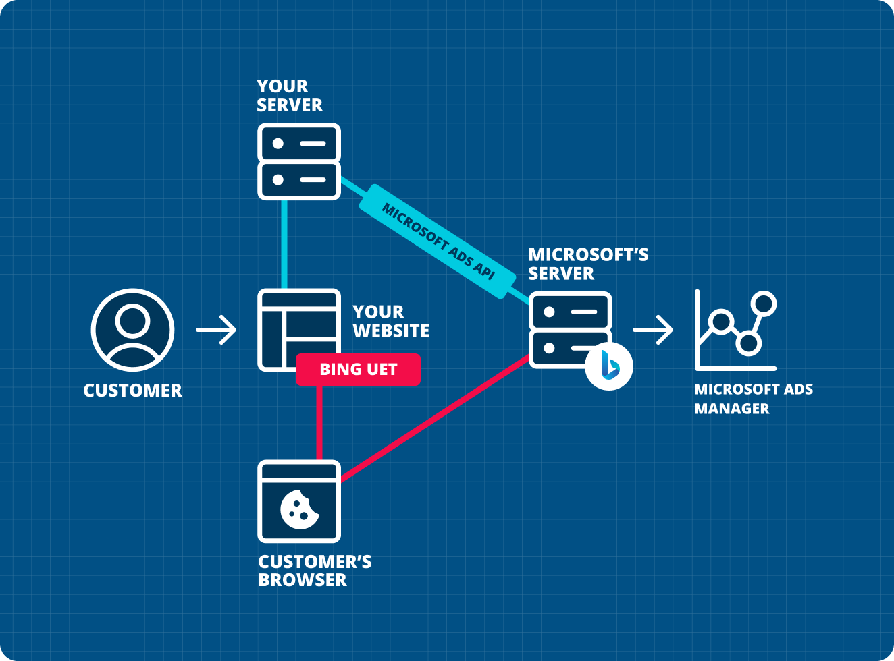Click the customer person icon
(x=132, y=330)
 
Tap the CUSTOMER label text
(x=132, y=391)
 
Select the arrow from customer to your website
(x=216, y=330)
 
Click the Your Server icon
(x=298, y=162)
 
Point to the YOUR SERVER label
(x=289, y=96)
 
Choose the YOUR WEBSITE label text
(x=390, y=321)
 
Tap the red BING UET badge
(x=358, y=370)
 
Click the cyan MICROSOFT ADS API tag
(x=437, y=241)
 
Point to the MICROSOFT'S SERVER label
(x=587, y=264)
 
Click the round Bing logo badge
(x=609, y=366)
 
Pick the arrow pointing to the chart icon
(x=653, y=330)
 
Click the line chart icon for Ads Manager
(x=735, y=330)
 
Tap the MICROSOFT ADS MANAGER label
(x=753, y=399)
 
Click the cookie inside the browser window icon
(x=299, y=509)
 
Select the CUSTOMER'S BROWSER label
(x=314, y=571)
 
